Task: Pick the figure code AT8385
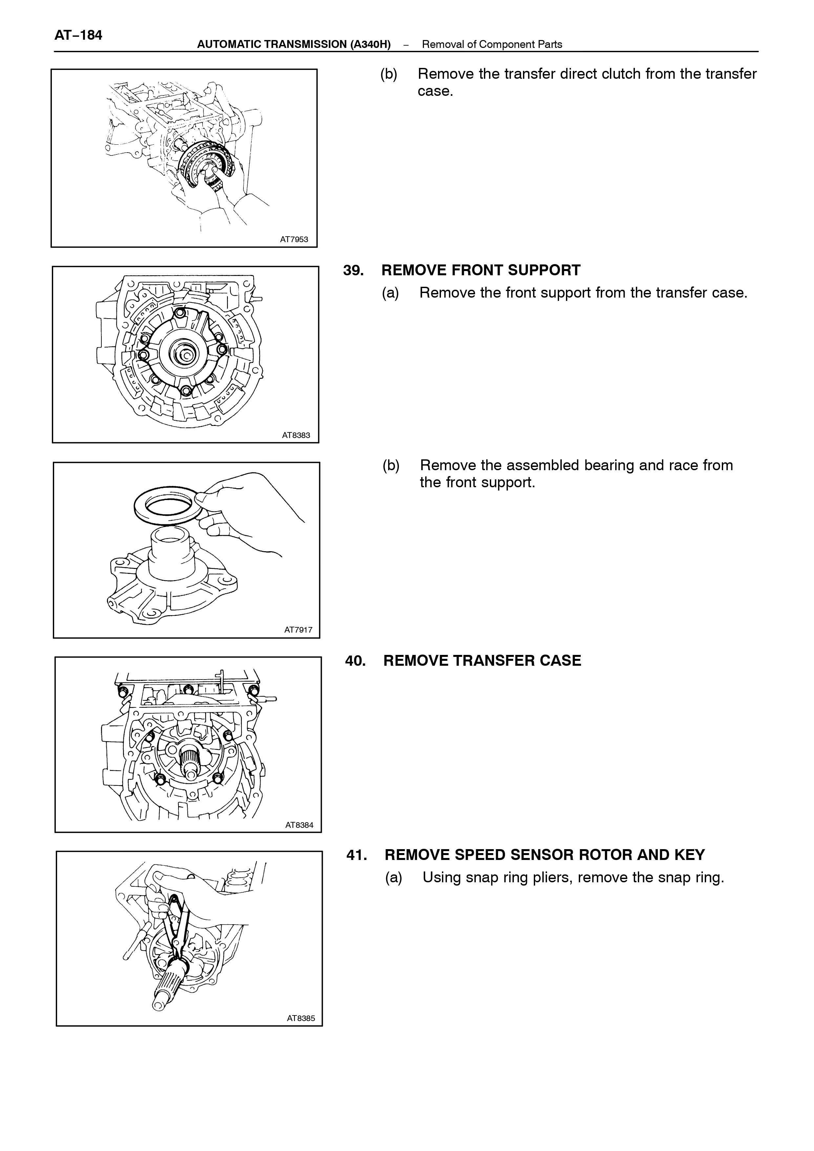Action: point(301,1018)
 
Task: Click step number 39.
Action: point(353,270)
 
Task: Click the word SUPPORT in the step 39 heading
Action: point(544,270)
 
